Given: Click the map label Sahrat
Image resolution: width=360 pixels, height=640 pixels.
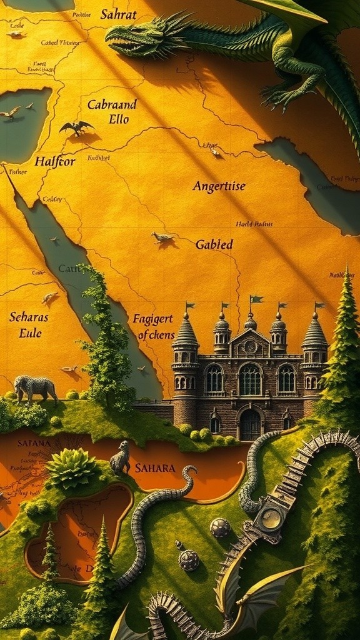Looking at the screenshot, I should [118, 14].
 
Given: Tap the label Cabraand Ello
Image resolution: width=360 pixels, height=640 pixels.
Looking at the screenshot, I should [112, 111].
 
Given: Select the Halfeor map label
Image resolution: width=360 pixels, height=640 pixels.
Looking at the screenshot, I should [55, 161].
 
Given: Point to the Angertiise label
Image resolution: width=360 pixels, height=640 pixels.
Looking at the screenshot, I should [219, 186].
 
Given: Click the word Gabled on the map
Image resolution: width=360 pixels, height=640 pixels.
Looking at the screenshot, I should [214, 244].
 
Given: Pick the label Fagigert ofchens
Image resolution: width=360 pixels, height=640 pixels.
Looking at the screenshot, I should [153, 326].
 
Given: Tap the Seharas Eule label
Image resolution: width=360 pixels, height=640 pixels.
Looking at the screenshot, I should [29, 324].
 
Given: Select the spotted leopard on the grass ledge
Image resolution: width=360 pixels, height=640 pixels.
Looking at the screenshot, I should [34, 388].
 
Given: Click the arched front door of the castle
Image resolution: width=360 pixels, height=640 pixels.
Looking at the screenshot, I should [250, 425].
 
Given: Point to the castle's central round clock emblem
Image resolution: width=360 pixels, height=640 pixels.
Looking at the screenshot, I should [250, 346].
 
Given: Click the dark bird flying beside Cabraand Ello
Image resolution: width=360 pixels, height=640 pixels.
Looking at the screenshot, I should [76, 128].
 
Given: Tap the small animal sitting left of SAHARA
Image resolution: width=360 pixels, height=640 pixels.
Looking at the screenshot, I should [120, 459].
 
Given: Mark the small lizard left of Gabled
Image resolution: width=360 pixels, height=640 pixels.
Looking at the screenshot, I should [162, 237].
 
